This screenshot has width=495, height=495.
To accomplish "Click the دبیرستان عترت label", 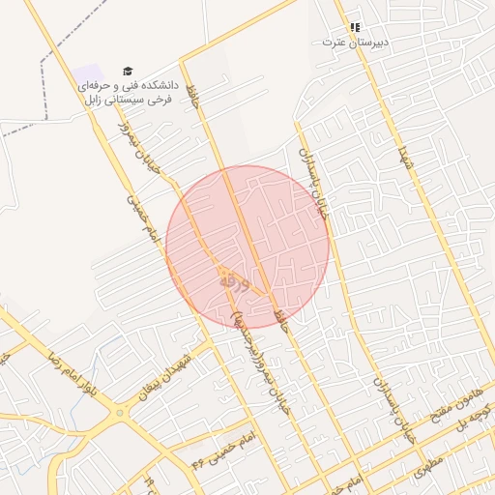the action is click(x=347, y=43).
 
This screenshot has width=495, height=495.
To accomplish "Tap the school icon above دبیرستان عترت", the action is click(x=354, y=27).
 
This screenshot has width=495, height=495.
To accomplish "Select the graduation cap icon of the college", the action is click(x=127, y=71).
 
